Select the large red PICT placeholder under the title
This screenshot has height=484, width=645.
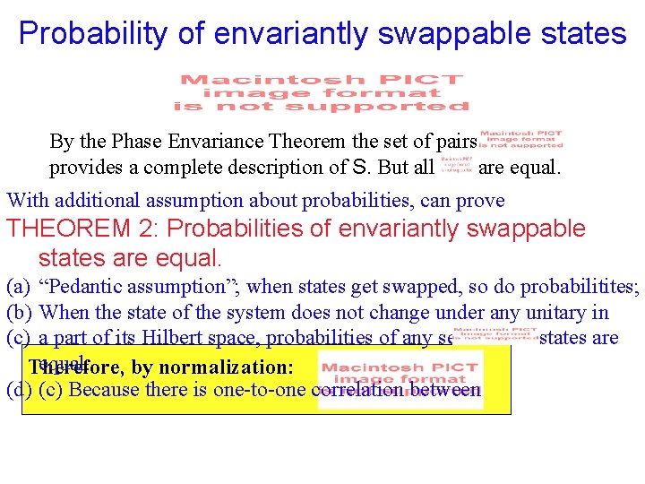(322, 93)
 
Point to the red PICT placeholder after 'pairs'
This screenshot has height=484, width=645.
(520, 142)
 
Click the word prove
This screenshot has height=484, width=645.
(483, 201)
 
